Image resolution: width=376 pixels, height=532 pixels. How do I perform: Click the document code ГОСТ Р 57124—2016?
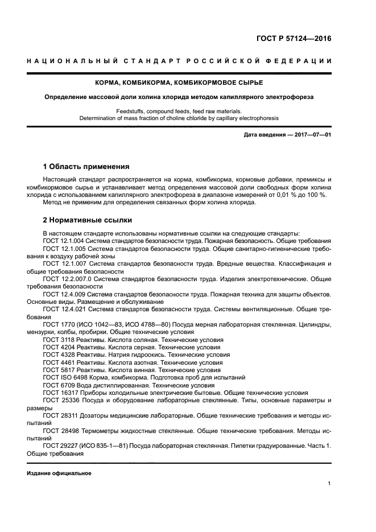click(x=293, y=39)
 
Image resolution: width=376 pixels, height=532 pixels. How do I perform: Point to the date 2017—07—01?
click(x=311, y=134)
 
